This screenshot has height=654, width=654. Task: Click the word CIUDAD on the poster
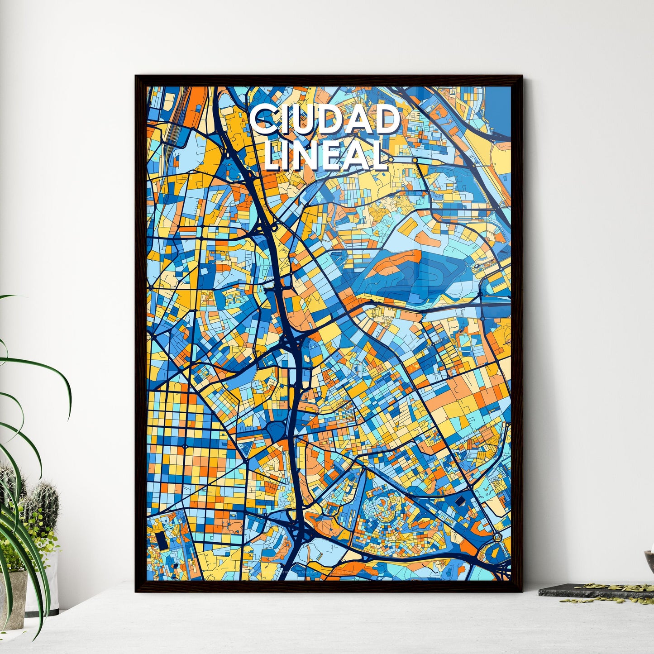pyautogui.click(x=324, y=120)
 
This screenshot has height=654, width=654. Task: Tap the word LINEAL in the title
pyautogui.click(x=326, y=155)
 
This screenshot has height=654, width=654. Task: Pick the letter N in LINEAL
pyautogui.click(x=308, y=155)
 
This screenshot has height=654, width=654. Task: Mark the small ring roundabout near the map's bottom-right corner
pyautogui.click(x=497, y=537)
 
